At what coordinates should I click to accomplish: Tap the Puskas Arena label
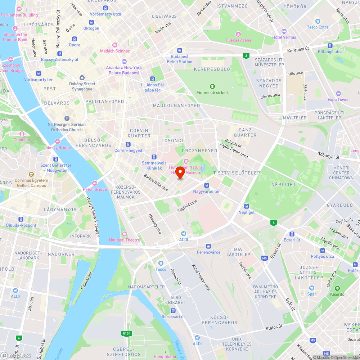238,40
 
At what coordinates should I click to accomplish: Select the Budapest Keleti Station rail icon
179,50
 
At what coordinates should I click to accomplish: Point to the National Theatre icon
125,234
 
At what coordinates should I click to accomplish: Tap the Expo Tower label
338,99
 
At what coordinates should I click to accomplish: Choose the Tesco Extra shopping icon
318,21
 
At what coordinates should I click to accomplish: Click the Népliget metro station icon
247,206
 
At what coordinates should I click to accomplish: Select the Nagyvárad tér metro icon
207,185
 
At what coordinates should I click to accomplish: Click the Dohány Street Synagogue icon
82,78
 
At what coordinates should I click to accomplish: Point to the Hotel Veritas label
284,37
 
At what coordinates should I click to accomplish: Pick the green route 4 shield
274,223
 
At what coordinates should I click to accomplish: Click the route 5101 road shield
127,334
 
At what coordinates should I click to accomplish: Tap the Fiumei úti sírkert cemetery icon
212,86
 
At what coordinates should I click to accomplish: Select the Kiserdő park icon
337,288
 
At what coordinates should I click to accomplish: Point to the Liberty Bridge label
58,148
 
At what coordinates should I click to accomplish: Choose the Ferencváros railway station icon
208,246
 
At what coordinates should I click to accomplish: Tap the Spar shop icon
312,288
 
